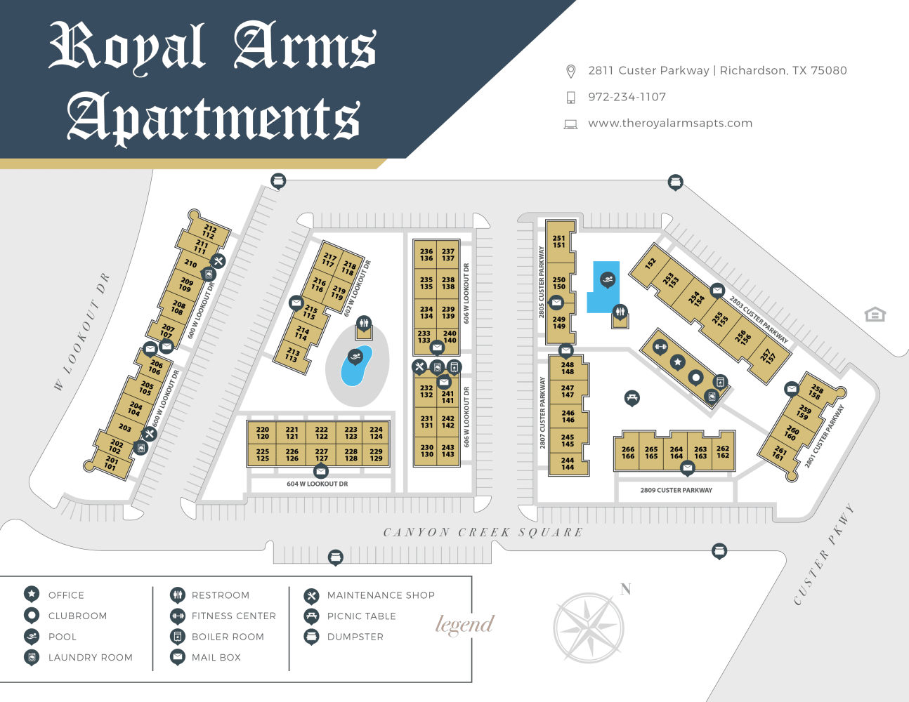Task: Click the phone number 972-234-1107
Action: [627, 97]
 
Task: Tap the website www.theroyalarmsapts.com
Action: [670, 123]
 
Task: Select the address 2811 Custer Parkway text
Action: [717, 70]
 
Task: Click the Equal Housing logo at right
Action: [875, 314]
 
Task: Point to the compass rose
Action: [589, 628]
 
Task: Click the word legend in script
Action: [464, 624]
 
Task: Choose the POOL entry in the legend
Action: [62, 637]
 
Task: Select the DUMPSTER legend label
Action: [355, 637]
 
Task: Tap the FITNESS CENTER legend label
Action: [233, 616]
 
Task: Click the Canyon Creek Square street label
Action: [483, 532]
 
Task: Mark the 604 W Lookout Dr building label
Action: [317, 484]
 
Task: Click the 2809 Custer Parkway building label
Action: [676, 490]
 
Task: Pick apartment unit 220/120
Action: [263, 432]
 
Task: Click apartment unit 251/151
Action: [558, 241]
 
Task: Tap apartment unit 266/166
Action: [628, 453]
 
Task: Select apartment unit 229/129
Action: [377, 455]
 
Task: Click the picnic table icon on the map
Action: [632, 398]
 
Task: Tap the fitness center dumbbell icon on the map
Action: [660, 346]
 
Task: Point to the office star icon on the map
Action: [677, 362]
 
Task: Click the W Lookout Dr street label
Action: [82, 331]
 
